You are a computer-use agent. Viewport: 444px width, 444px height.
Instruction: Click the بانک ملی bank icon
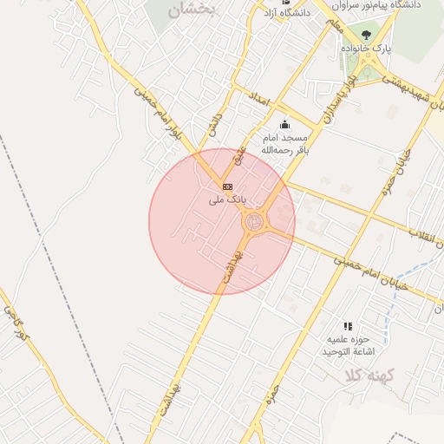(x=227, y=186)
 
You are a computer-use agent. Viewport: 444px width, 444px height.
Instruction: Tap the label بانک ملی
(x=228, y=199)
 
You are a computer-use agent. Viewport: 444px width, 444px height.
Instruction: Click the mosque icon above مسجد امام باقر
(x=285, y=125)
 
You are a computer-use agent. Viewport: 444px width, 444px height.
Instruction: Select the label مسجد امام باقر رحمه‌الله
(x=285, y=144)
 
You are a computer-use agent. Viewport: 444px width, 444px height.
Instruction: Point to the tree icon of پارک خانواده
(x=366, y=36)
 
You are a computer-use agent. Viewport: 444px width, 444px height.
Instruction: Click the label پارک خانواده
(x=370, y=49)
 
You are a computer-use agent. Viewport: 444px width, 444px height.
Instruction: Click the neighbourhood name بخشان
(x=193, y=10)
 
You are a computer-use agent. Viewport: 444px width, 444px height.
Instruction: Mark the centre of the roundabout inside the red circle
(x=253, y=223)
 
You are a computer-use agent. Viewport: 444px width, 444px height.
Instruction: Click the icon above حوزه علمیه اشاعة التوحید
(x=348, y=326)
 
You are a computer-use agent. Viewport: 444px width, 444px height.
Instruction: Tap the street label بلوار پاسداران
(x=338, y=97)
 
